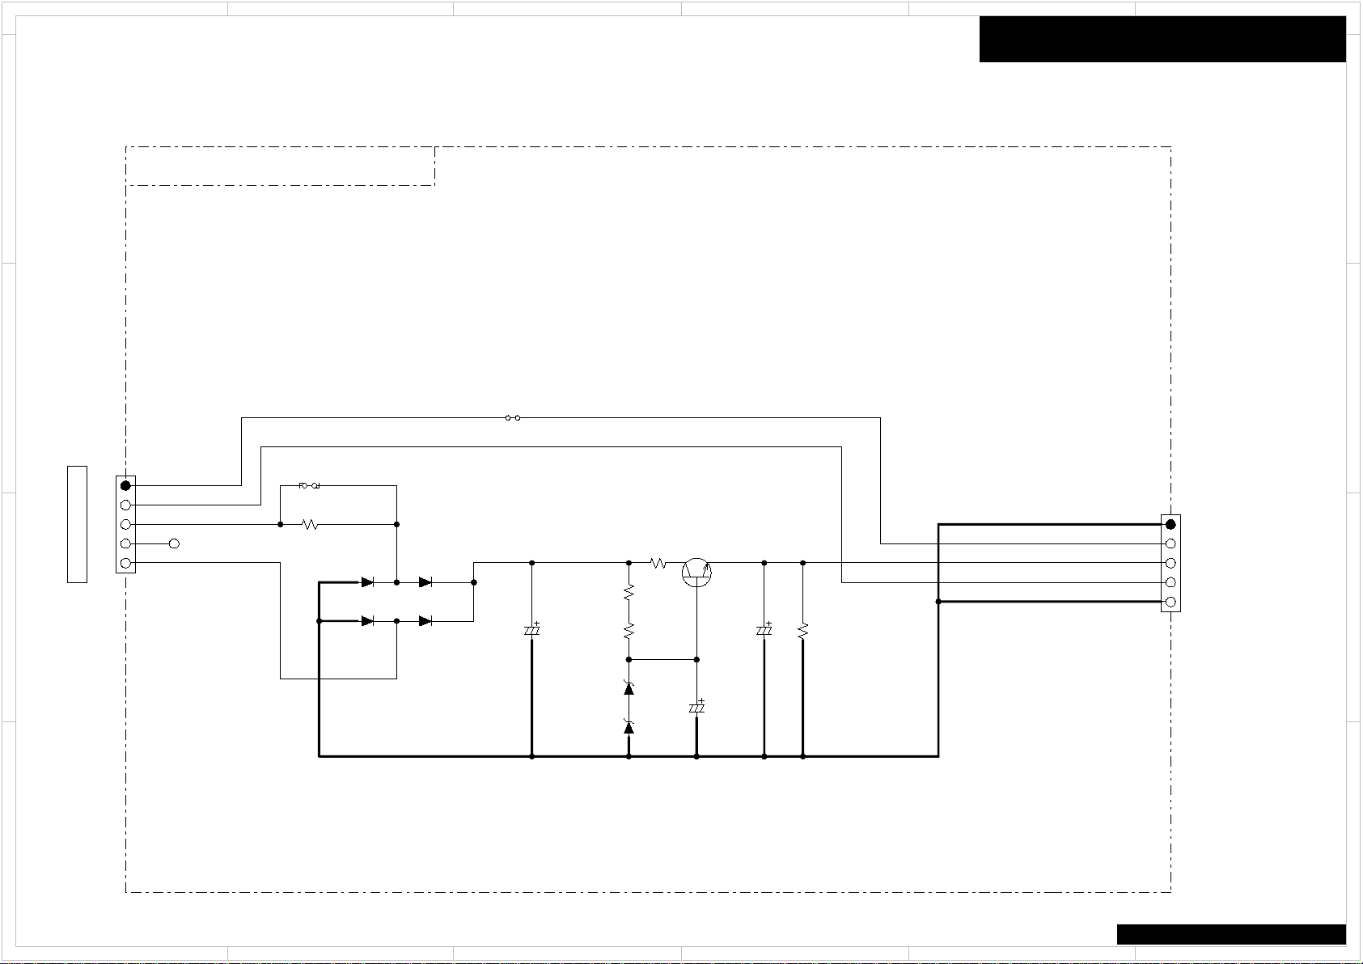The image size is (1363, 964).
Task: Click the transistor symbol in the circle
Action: [x=696, y=572]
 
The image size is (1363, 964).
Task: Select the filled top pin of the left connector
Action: [x=125, y=485]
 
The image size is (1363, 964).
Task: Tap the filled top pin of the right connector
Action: [x=1170, y=524]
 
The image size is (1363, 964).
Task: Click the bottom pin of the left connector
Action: [x=125, y=563]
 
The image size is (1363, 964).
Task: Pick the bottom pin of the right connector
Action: [x=1170, y=602]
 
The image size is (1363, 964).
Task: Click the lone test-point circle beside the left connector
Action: [x=173, y=543]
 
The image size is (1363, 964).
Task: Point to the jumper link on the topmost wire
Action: [x=512, y=418]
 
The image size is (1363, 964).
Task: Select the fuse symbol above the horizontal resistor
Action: [x=309, y=486]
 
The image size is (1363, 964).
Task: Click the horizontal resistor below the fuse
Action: [x=310, y=525]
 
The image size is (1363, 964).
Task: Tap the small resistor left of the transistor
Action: [x=658, y=563]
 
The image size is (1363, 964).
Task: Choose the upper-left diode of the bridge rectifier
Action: [x=367, y=582]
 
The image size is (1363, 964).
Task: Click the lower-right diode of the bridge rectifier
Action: [x=425, y=621]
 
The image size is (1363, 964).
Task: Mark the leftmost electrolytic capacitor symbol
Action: [x=531, y=629]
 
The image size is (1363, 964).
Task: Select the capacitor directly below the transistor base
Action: [x=696, y=707]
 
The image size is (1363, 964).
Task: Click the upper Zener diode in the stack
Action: [x=629, y=688]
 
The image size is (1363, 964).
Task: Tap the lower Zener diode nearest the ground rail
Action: [x=629, y=727]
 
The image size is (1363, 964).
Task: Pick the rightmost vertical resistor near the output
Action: [x=802, y=630]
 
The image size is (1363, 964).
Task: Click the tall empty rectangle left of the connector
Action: [x=77, y=524]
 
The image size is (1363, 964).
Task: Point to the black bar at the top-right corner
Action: [x=1162, y=39]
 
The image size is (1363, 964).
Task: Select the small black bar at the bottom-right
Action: [x=1230, y=934]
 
